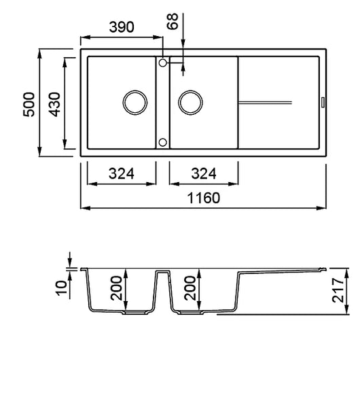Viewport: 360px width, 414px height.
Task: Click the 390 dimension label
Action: [x=122, y=27]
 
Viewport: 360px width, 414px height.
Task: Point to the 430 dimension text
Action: [x=54, y=103]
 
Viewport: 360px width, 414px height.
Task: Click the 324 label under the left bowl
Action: [x=122, y=173]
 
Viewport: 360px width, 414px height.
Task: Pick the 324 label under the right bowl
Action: [x=204, y=173]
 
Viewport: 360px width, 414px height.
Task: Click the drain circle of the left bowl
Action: [x=134, y=103]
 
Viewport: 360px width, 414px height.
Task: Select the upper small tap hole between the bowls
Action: [x=162, y=63]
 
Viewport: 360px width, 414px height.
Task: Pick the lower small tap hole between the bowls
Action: [x=162, y=142]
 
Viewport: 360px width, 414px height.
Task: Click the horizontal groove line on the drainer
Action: [x=266, y=103]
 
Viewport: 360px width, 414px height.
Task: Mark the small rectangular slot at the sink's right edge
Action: [x=322, y=103]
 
